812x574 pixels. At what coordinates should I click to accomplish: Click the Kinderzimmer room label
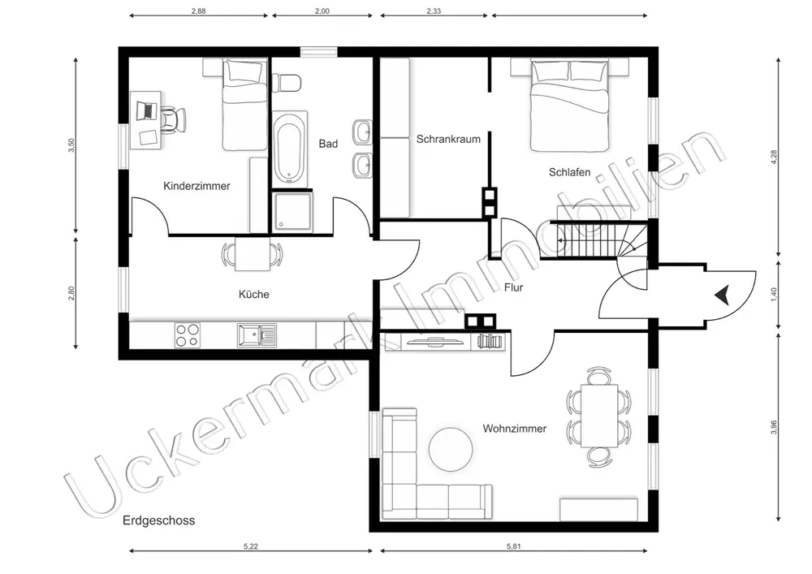(x=197, y=186)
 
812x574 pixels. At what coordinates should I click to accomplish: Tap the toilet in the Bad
(x=287, y=82)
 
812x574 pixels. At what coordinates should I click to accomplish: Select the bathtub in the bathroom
(x=290, y=149)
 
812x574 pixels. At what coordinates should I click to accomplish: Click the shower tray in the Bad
(x=293, y=211)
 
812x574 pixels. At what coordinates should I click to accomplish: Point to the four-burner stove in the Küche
(x=188, y=334)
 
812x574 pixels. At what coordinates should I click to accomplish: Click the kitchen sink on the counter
(x=257, y=334)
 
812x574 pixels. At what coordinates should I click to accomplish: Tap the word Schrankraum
(x=448, y=139)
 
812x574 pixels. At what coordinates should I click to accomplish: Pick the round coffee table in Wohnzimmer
(x=451, y=449)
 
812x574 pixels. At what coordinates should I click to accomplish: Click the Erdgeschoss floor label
(x=159, y=520)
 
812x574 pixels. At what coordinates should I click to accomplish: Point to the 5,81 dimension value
(x=514, y=546)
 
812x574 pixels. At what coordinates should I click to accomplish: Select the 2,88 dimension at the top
(x=198, y=11)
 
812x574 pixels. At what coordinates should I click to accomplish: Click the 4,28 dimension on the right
(x=774, y=157)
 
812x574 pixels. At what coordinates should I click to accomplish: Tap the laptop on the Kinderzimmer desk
(x=146, y=110)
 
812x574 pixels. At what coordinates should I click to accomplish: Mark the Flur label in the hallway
(x=514, y=287)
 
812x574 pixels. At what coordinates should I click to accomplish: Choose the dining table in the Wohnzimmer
(x=599, y=416)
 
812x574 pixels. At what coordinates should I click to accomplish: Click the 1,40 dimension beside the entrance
(x=774, y=294)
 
